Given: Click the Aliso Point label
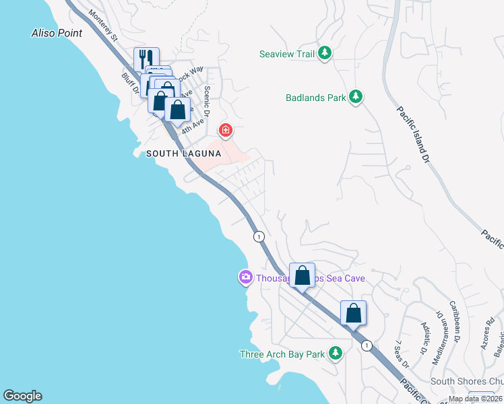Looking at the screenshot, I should click(x=57, y=33).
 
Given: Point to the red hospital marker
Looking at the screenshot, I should click(x=226, y=129).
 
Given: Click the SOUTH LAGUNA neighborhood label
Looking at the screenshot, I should click(x=184, y=154).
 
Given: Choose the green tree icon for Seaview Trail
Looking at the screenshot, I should click(x=325, y=53).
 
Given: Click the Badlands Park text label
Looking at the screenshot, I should click(x=315, y=98).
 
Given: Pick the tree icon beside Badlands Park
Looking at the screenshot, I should click(x=356, y=98).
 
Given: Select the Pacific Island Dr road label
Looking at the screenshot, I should click(x=412, y=135).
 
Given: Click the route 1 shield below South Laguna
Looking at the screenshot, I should click(x=258, y=236).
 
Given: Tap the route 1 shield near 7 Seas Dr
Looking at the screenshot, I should click(x=366, y=345).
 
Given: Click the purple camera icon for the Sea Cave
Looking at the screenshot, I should click(x=245, y=277).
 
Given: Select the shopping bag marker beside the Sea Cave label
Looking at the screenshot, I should click(x=302, y=275).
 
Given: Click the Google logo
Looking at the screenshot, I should click(x=22, y=396).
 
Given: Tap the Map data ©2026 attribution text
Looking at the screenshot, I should click(x=475, y=399).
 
